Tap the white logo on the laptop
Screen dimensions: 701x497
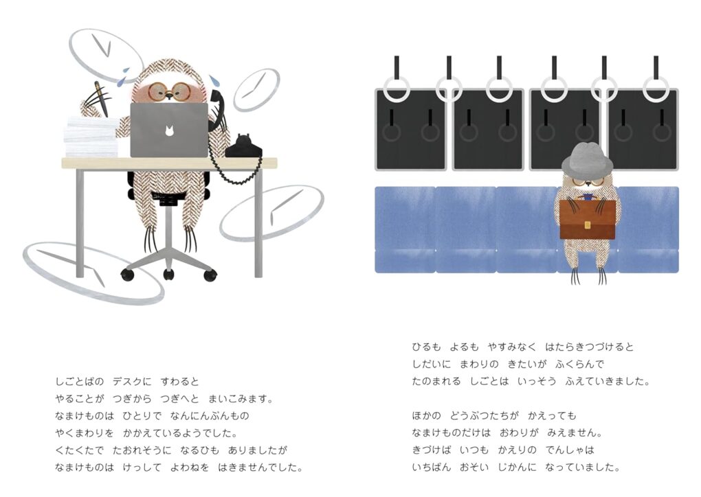(x=169, y=131)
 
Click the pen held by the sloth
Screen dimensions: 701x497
(x=100, y=98)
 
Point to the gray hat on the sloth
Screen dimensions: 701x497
(x=587, y=159)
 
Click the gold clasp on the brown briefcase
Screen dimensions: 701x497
(x=587, y=225)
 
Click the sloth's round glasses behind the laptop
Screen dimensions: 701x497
(x=168, y=92)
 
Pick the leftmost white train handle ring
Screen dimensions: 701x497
(x=397, y=89)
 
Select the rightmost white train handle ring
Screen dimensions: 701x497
(x=656, y=89)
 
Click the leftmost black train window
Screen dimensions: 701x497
(x=411, y=130)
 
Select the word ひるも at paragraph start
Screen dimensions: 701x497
(x=426, y=347)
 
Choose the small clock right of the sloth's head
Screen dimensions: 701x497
(x=256, y=90)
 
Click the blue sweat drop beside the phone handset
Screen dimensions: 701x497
(x=215, y=80)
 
